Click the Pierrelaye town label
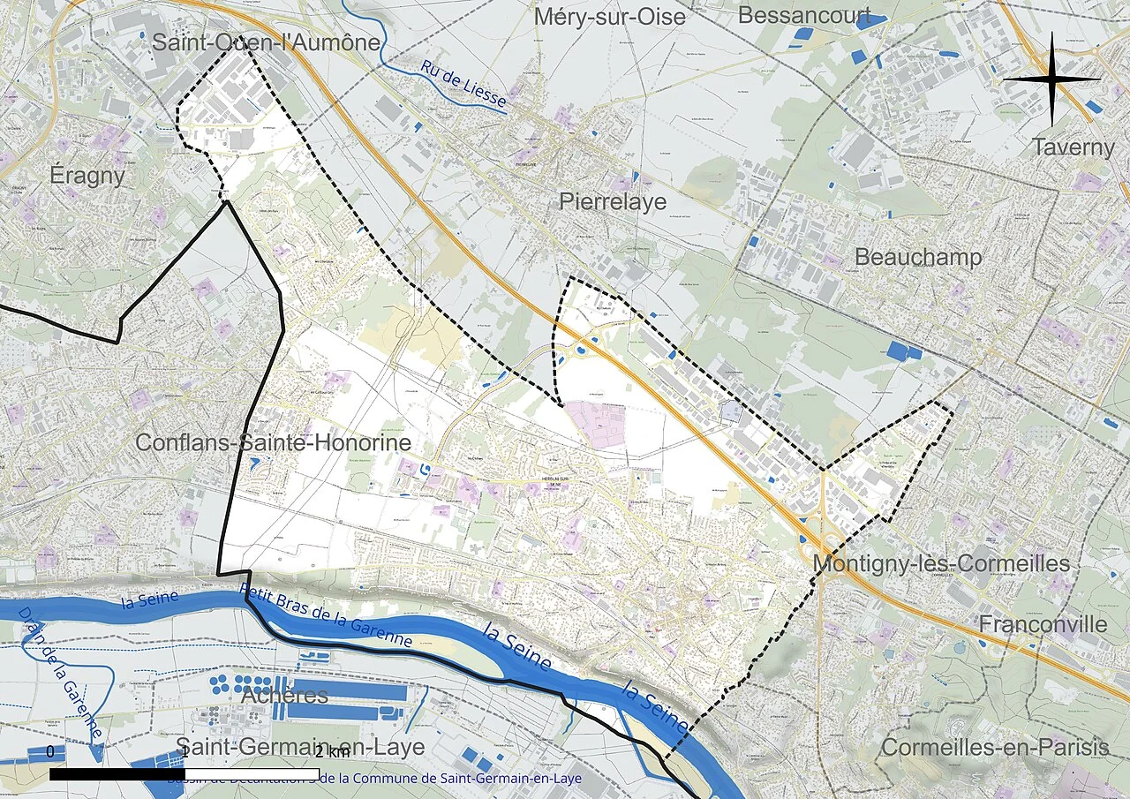click(x=613, y=202)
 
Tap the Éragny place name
click(x=87, y=175)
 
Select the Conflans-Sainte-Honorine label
click(x=273, y=442)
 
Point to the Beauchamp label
click(x=918, y=257)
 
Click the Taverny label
click(x=1073, y=147)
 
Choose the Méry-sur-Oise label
click(x=609, y=17)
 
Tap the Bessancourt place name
click(x=804, y=15)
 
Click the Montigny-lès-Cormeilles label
click(x=941, y=563)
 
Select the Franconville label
click(x=1043, y=624)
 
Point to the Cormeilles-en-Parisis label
click(x=995, y=747)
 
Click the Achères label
click(x=284, y=695)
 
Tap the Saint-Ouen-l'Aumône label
click(x=267, y=42)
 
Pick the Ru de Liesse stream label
click(x=463, y=85)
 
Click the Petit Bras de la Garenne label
click(x=326, y=614)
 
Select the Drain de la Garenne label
click(x=62, y=672)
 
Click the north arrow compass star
click(x=1051, y=79)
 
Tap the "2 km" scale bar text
click(x=331, y=752)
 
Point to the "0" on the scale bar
click(x=50, y=751)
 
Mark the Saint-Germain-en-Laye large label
click(x=300, y=747)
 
